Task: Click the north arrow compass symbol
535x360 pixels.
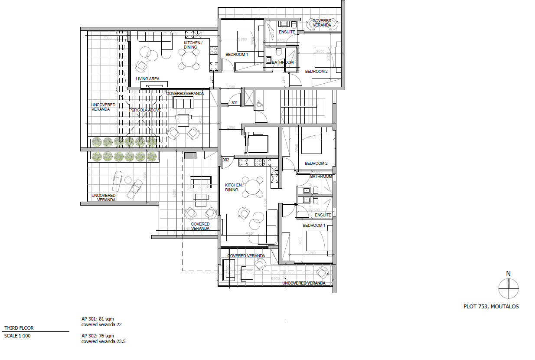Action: click(508, 288)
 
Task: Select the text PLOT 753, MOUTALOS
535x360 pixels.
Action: click(491, 306)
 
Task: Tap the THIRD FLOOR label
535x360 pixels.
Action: click(19, 328)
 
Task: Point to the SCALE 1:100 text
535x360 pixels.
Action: click(17, 335)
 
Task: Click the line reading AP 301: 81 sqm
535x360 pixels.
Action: click(98, 319)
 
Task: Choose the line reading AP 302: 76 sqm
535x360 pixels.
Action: click(98, 336)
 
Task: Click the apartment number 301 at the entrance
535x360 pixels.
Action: click(235, 103)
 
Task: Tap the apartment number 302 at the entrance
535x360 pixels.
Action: click(225, 160)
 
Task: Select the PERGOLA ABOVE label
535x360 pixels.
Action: click(145, 110)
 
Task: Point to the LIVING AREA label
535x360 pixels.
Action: click(147, 79)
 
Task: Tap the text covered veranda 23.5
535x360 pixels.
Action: click(104, 341)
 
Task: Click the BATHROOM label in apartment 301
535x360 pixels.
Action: click(283, 62)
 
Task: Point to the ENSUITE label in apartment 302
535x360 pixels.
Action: click(323, 215)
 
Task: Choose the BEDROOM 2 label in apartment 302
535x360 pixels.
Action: click(316, 164)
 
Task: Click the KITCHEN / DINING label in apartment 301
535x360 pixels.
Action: click(192, 45)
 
